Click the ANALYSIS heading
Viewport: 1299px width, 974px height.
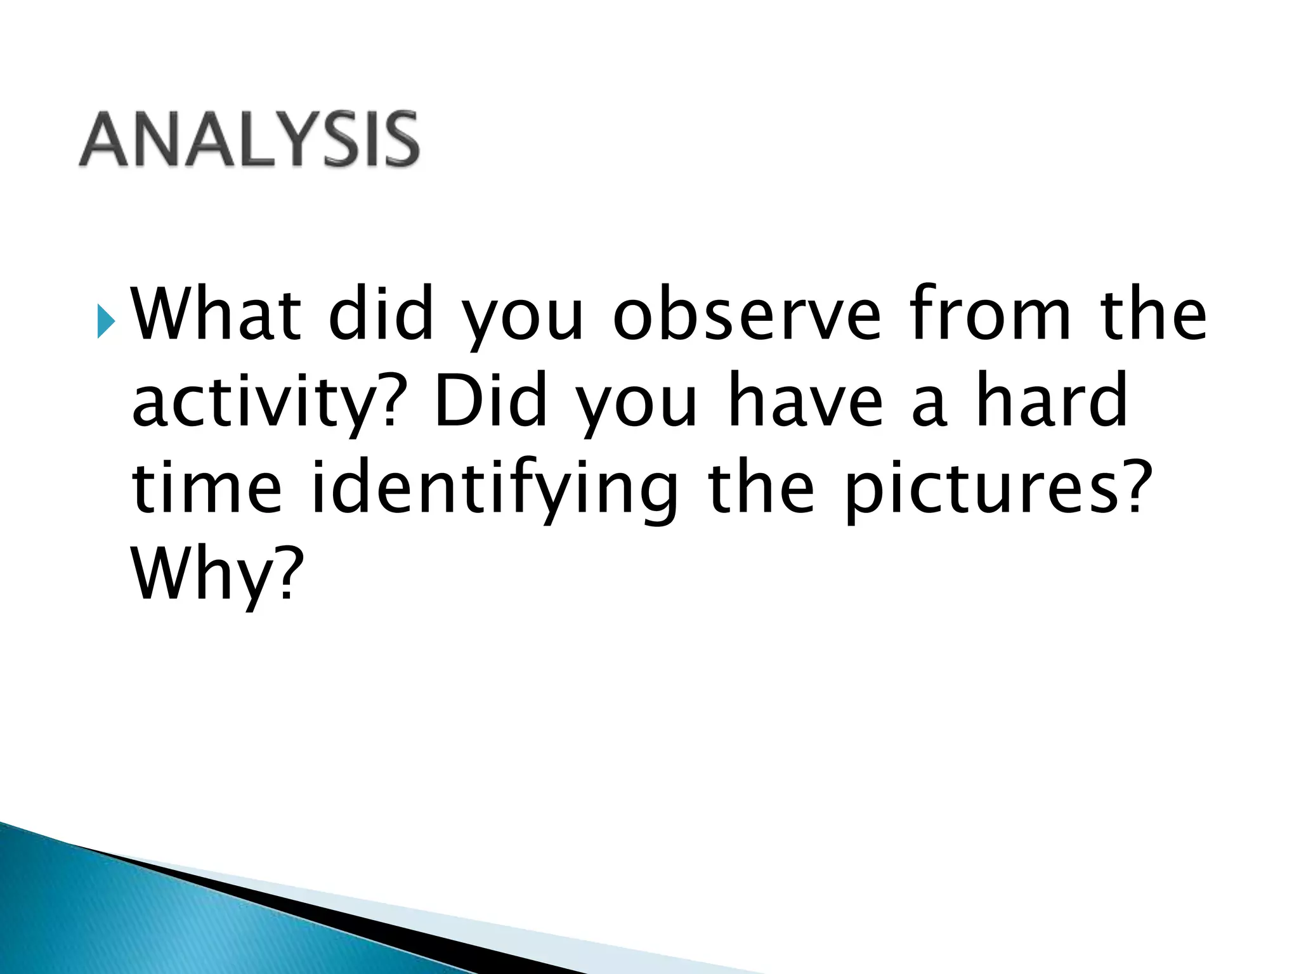[249, 140]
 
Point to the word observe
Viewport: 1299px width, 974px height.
[747, 314]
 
